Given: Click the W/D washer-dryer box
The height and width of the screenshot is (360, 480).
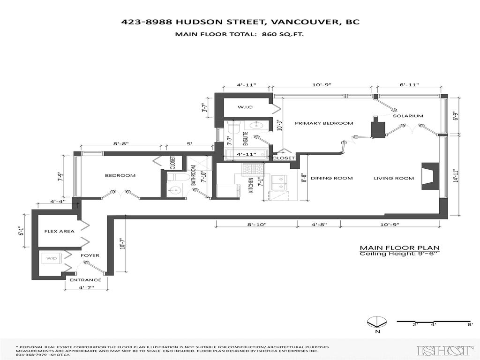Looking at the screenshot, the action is tap(52, 258).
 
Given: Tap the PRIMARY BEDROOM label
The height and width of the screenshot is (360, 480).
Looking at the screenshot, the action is tap(324, 123).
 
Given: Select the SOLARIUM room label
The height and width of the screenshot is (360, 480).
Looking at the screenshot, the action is tap(408, 116).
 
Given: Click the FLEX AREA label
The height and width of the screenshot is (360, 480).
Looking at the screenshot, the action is tap(60, 231).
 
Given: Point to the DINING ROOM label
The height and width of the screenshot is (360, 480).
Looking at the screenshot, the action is tap(331, 178).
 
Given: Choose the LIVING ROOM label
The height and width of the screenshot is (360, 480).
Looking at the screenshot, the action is tap(394, 178).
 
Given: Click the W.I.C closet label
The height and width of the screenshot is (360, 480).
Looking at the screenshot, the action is tap(245, 107).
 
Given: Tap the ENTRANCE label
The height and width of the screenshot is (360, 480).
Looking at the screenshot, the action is tap(85, 280).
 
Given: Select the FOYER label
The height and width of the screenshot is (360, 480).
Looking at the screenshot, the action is tap(90, 255).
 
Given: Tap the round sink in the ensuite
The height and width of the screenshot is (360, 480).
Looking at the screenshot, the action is tap(254, 126).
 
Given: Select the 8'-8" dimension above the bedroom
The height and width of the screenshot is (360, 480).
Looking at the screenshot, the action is tap(121, 143).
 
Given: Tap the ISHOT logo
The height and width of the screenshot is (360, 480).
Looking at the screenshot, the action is tap(445, 351).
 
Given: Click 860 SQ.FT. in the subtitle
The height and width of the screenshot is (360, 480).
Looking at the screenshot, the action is tap(283, 34).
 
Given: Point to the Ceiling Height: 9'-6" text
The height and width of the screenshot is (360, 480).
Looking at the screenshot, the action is tap(399, 254).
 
